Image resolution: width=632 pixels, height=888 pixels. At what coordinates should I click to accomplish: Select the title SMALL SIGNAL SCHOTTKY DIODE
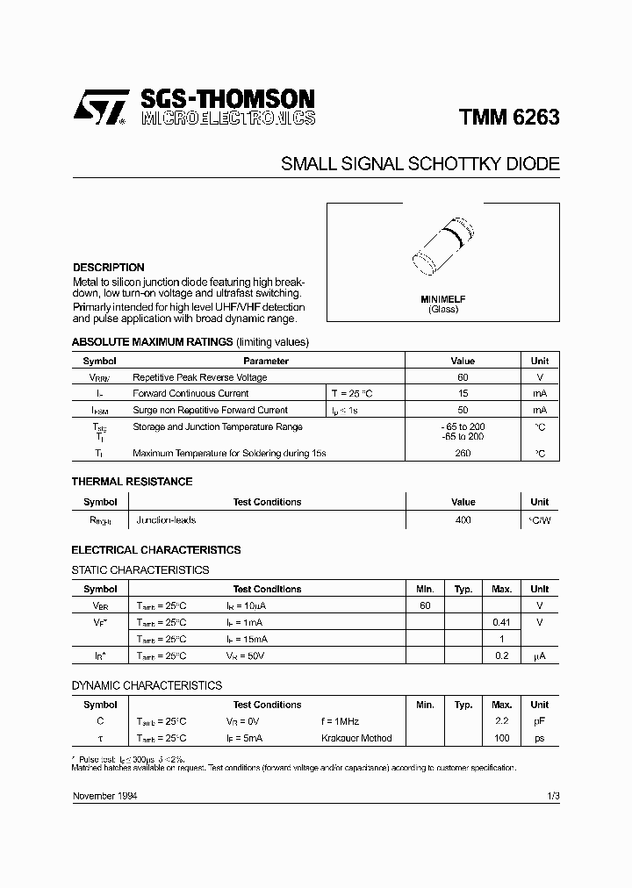point(420,164)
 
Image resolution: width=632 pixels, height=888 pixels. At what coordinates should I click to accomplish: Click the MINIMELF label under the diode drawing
point(443,299)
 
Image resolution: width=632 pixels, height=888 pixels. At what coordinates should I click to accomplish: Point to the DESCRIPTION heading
point(108,268)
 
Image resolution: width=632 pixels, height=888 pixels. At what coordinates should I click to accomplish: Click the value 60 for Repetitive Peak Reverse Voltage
point(463,377)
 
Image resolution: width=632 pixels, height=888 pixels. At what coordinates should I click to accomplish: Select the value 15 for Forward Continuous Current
point(463,394)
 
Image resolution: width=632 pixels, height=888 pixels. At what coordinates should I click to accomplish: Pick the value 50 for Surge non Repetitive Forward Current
point(463,410)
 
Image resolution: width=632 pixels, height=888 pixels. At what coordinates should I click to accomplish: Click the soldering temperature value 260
point(463,453)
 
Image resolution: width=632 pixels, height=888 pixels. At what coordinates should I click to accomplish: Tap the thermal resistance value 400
point(463,520)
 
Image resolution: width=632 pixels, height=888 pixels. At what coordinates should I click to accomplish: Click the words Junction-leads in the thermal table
point(166,520)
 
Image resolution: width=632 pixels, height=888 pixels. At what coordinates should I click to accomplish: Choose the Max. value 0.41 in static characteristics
point(501,622)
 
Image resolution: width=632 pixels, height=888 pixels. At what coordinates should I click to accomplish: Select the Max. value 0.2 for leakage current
point(501,655)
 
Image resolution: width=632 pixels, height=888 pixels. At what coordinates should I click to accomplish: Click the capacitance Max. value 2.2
point(501,721)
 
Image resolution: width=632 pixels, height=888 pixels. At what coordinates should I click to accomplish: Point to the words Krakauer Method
point(356,738)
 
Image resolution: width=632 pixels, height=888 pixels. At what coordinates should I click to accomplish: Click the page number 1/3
point(552,795)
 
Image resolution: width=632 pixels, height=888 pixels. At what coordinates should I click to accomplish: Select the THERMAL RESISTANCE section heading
point(132,482)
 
